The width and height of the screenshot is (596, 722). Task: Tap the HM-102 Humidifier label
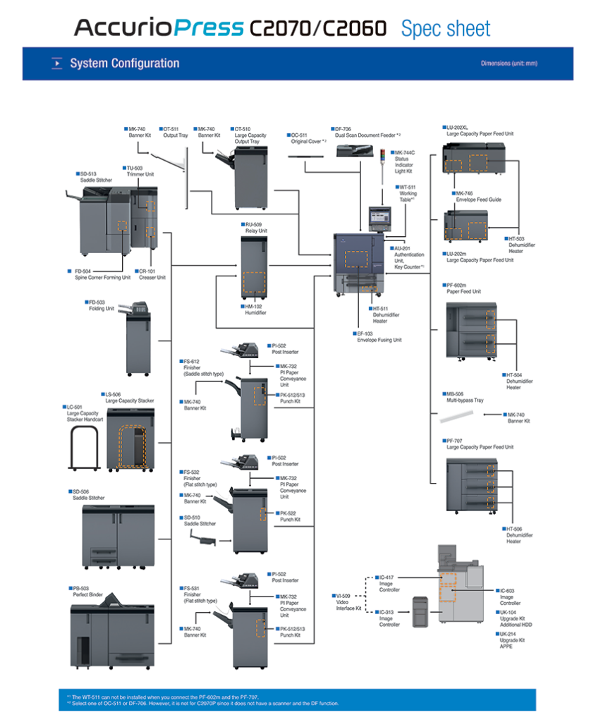[255, 310]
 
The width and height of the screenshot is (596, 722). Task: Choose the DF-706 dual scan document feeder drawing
[358, 149]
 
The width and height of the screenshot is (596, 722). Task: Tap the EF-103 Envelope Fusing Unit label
[379, 336]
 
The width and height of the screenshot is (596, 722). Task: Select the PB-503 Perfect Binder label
[87, 592]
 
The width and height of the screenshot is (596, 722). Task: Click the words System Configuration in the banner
[124, 63]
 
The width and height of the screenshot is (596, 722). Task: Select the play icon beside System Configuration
[57, 63]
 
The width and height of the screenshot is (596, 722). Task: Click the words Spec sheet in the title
[445, 29]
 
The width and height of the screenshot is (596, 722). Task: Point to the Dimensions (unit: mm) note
[509, 63]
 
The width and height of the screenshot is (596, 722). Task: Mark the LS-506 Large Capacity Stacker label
[129, 398]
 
